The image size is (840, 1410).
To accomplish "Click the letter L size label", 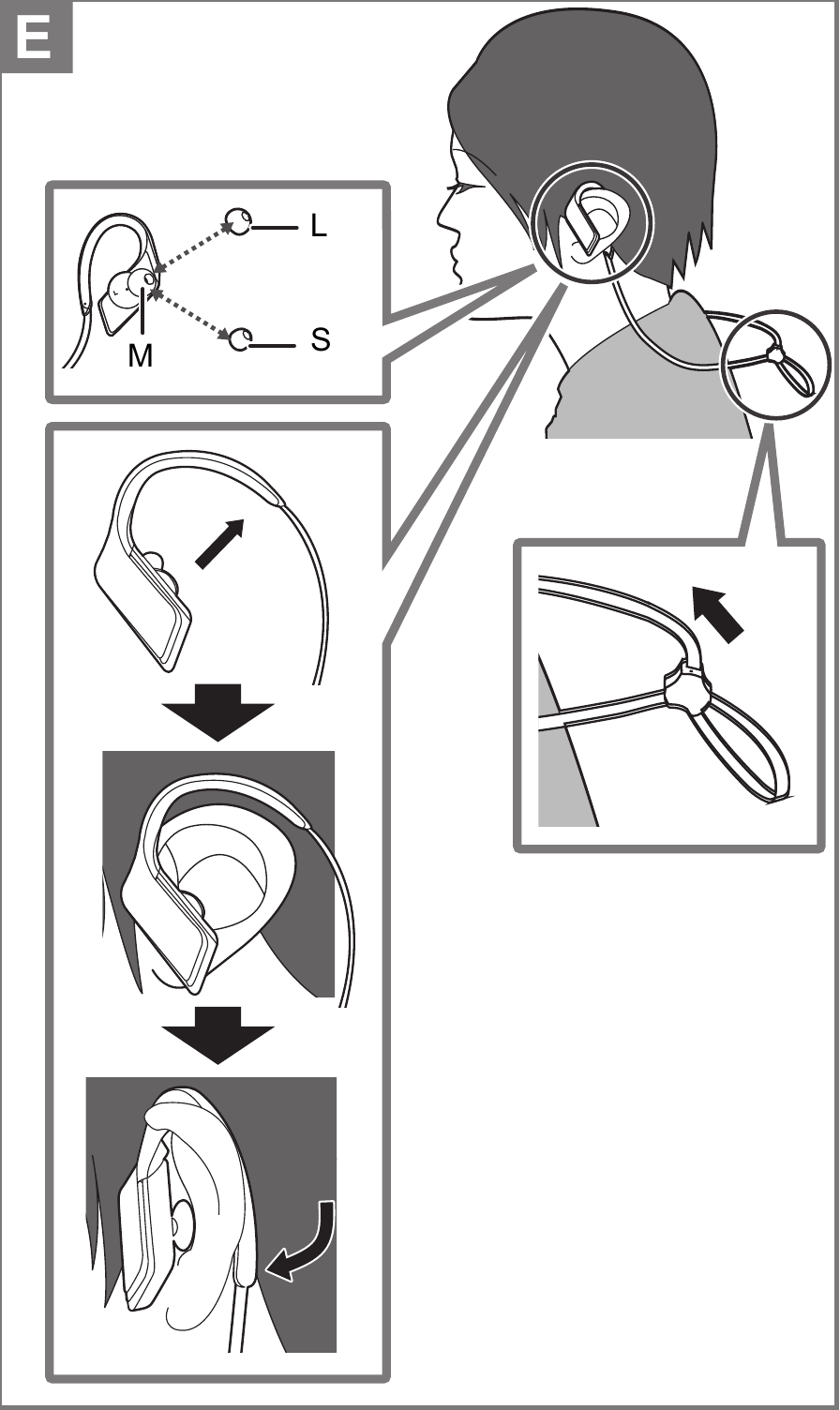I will (x=319, y=227).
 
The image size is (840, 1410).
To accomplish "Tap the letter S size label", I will (x=320, y=340).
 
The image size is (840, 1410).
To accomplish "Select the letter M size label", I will (x=141, y=356).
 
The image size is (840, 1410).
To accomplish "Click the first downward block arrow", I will (x=217, y=711).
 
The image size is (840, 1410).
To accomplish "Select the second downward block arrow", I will (x=217, y=1034).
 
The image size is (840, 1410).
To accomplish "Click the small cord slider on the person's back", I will (x=774, y=354).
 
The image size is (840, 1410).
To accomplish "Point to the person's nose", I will (x=442, y=219).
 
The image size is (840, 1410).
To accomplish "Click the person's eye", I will (x=462, y=188).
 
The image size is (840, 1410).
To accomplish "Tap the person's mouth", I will (x=455, y=252).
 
